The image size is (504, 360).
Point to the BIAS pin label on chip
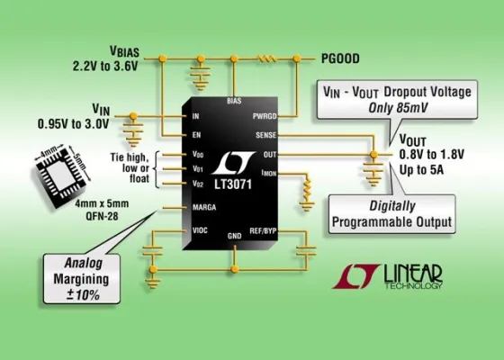pyautogui.click(x=234, y=102)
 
